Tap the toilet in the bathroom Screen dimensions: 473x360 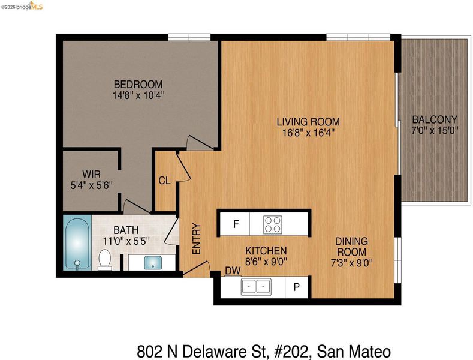[x=105, y=259]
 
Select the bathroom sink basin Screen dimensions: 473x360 [x=153, y=262]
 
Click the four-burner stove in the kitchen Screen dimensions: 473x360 [x=272, y=224]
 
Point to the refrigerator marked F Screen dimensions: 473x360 [x=234, y=224]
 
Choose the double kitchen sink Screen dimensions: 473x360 [x=256, y=287]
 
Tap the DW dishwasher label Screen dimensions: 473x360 [x=233, y=271]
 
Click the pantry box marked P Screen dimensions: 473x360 [x=297, y=287]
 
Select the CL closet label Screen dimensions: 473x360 [x=164, y=181]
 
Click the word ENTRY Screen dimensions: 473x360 [x=197, y=239]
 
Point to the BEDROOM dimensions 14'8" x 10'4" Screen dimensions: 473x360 [x=138, y=95]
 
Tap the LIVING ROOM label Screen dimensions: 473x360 [x=308, y=122]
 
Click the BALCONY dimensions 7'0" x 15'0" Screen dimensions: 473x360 [x=435, y=131]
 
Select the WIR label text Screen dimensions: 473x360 [x=91, y=174]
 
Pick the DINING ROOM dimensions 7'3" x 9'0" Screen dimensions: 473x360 [x=352, y=263]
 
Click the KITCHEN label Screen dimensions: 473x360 [x=266, y=251]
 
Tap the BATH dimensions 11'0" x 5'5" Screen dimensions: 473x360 [x=126, y=241]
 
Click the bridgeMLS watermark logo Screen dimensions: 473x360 [x=22, y=6]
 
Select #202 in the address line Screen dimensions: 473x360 [x=292, y=352]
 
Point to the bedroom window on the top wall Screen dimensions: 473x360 [x=189, y=37]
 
